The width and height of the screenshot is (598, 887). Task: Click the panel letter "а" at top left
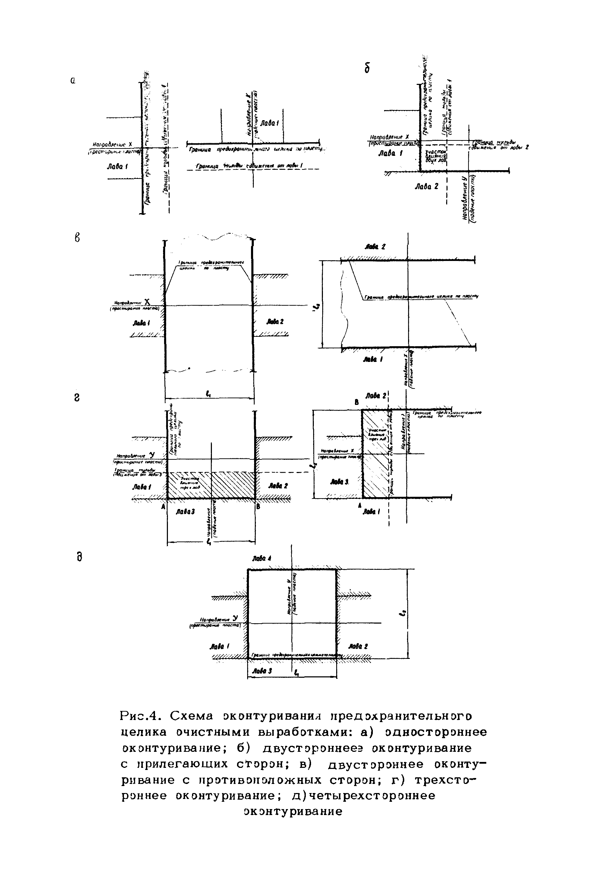73,81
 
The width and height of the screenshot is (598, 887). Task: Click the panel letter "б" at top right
367,68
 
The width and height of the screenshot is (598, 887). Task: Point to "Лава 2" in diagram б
426,187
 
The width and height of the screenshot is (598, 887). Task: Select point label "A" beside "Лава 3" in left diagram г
163,507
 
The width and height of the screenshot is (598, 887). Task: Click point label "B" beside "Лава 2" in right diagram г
356,402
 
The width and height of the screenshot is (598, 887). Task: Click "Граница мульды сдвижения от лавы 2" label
498,145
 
